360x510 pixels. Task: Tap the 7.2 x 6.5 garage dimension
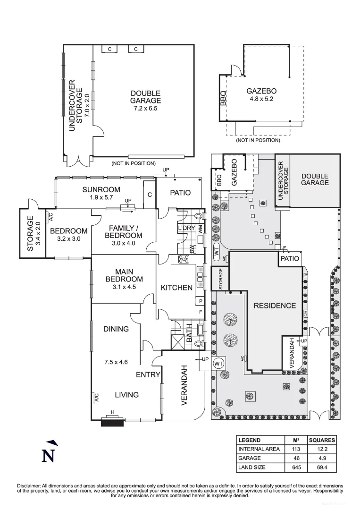click(145, 108)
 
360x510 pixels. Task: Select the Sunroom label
click(101, 190)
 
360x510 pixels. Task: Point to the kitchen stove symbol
click(184, 259)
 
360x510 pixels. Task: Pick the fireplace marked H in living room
click(112, 422)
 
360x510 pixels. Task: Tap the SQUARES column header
click(322, 440)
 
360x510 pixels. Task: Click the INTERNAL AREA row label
click(259, 449)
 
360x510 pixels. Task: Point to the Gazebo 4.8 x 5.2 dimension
click(261, 100)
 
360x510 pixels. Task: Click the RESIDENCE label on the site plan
click(275, 306)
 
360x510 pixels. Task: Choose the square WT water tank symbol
click(218, 364)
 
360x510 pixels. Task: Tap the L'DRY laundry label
click(187, 228)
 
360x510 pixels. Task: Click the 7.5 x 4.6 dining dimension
click(116, 363)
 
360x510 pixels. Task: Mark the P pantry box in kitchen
click(201, 301)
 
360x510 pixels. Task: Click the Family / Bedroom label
click(123, 231)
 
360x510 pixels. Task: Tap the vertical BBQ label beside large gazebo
click(223, 98)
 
